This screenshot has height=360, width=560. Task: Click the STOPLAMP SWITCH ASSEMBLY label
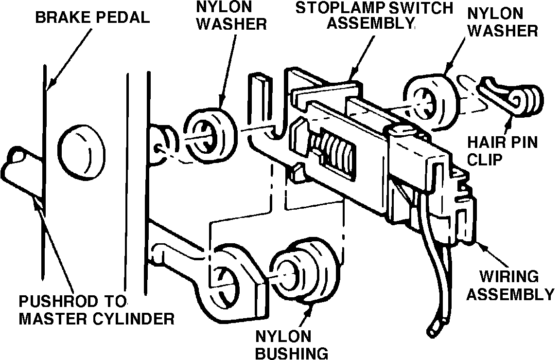[375, 16]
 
